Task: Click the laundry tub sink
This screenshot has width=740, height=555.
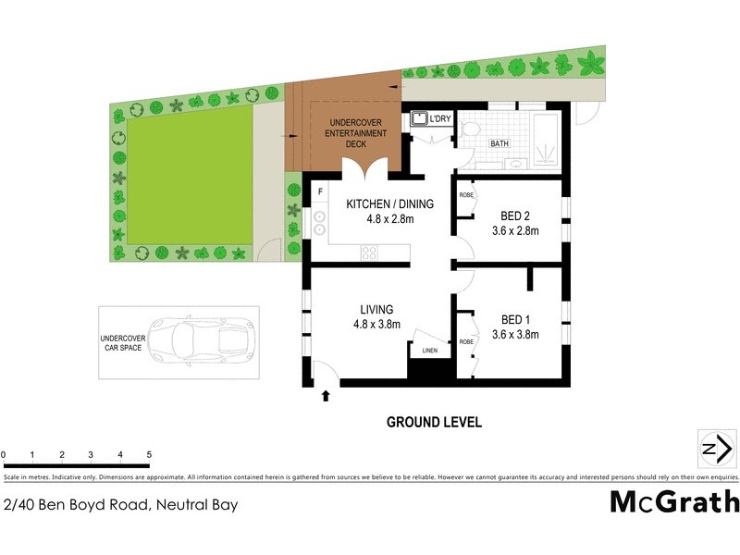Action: pos(419,119)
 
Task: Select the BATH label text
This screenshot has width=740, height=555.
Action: pos(499,144)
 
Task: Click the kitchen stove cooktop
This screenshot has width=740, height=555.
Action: pos(371,251)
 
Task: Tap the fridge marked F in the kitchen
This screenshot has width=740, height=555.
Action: pos(320,191)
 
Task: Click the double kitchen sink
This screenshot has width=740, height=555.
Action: pos(320,224)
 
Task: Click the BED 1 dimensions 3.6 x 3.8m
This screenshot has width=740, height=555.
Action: pos(515,335)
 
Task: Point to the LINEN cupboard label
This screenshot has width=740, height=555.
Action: pos(429,351)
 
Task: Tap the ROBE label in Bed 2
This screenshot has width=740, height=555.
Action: pos(466,196)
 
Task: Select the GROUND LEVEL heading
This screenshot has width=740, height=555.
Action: pos(434,423)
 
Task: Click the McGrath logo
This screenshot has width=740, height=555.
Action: pos(674,501)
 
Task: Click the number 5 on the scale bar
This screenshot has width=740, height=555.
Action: pos(149,455)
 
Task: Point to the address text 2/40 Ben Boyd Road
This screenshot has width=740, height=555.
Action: pos(121,505)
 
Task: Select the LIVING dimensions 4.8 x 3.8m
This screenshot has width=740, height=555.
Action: pos(376,325)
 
